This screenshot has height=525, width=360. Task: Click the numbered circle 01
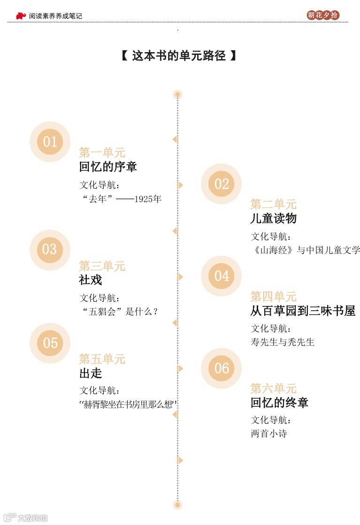[x=50, y=142]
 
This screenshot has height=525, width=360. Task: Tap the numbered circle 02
[x=221, y=184]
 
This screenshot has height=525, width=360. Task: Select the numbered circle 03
[x=50, y=250]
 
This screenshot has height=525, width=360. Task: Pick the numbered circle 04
[x=221, y=276]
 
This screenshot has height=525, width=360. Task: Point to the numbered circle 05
[x=50, y=343]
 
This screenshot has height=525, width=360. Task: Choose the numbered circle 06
[x=221, y=368]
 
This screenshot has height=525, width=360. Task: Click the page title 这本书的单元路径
[x=179, y=56]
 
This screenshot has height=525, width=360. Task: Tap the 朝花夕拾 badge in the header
[x=323, y=15]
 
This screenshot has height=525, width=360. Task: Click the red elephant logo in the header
[x=21, y=15]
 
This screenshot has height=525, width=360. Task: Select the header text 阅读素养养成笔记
[x=55, y=16]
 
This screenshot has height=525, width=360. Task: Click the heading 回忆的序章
[x=108, y=167]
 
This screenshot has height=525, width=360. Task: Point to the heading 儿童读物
[x=273, y=218]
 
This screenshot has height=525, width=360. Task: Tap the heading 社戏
[x=91, y=280]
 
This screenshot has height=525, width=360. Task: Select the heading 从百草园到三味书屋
[x=303, y=311]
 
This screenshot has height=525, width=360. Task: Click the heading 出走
[x=91, y=373]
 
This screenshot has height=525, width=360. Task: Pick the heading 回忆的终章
[x=279, y=403]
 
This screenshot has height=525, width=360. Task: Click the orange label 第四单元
[x=273, y=297]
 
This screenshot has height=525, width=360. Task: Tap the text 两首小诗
[x=269, y=434]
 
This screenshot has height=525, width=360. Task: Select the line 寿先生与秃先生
[x=283, y=342]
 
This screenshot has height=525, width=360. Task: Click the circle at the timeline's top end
[x=177, y=95]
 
